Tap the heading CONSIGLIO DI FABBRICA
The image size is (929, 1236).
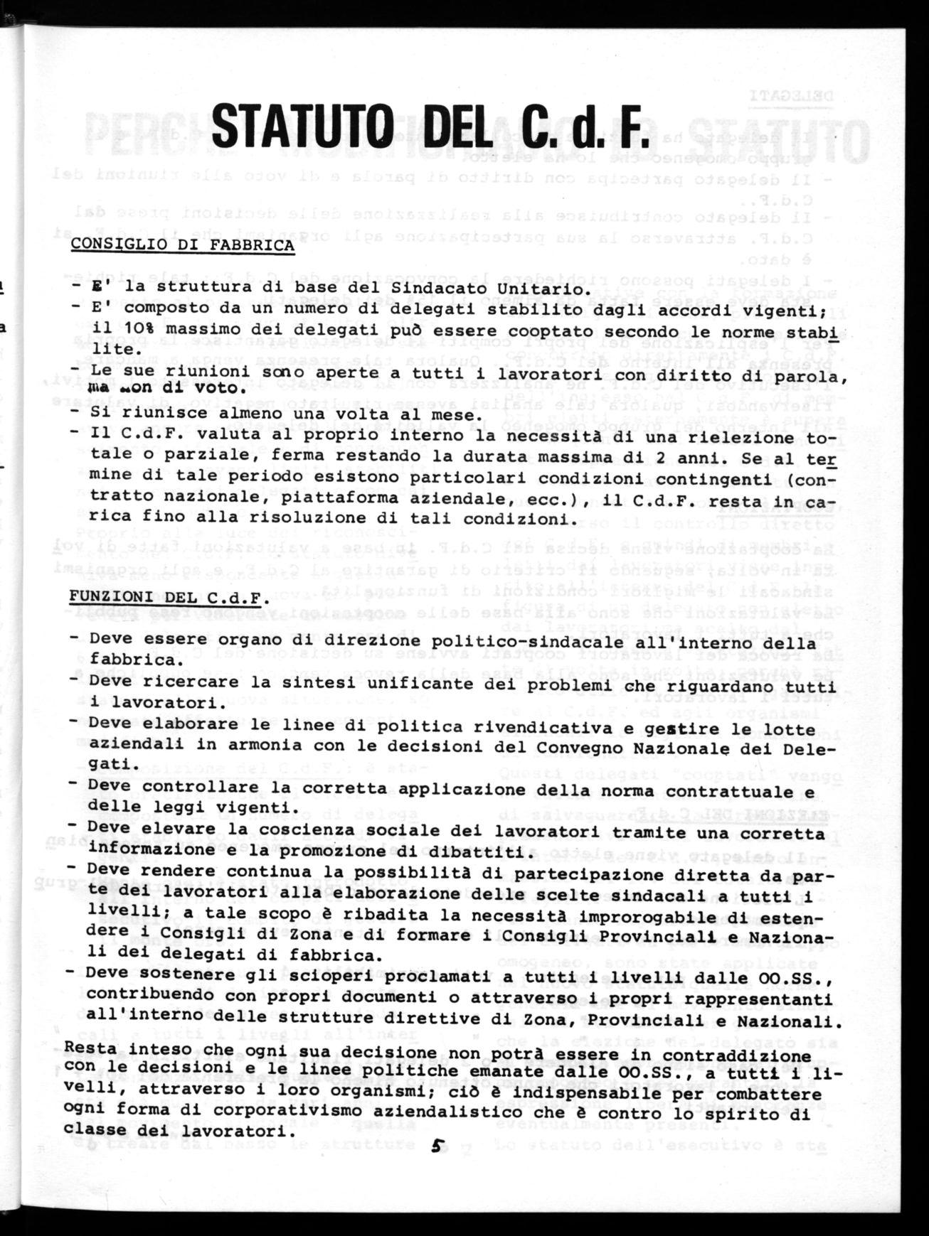[181, 245]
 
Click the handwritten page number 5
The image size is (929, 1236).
[439, 1143]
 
